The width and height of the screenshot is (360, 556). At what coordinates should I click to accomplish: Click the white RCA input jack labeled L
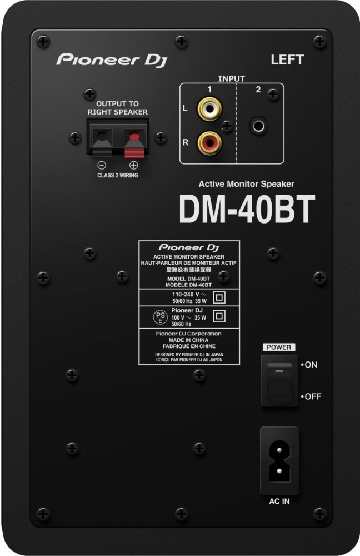(210, 108)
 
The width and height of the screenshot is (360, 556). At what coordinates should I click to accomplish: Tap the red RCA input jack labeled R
(210, 143)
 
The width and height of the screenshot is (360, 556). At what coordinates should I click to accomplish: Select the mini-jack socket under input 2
(259, 126)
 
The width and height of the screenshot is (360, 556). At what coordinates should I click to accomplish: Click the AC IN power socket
(279, 460)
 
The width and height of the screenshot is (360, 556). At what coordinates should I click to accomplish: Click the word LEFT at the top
(287, 59)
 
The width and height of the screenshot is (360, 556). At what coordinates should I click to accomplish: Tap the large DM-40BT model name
(247, 209)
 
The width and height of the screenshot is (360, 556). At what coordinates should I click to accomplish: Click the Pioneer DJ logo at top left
(112, 60)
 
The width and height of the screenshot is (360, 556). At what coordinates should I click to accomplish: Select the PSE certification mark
(160, 317)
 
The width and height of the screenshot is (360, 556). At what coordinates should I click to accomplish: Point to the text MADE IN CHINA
(188, 340)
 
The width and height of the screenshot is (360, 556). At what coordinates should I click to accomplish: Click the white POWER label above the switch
(279, 347)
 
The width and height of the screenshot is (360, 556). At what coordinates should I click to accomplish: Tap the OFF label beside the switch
(311, 396)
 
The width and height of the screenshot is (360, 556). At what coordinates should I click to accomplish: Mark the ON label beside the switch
(309, 365)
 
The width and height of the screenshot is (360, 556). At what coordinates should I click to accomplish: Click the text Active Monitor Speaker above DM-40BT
(246, 184)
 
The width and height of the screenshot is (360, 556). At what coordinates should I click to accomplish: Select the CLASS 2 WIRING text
(118, 175)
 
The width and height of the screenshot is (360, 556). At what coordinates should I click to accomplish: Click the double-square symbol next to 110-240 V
(219, 297)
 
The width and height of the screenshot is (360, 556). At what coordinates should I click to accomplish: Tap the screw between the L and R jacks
(227, 126)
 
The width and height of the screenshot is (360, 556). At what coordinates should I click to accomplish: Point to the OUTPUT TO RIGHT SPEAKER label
(117, 108)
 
